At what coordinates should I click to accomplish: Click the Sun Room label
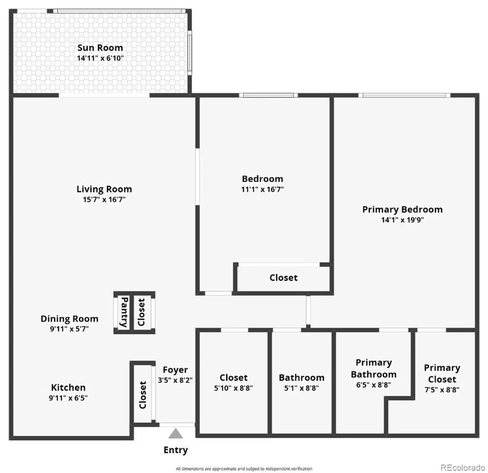(x=100, y=48)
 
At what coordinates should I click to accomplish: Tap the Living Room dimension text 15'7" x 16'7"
(x=104, y=200)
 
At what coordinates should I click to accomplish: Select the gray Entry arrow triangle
(x=176, y=434)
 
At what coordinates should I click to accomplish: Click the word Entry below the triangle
(x=176, y=450)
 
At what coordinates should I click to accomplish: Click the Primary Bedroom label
(x=402, y=210)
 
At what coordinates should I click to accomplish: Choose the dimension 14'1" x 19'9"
(x=402, y=220)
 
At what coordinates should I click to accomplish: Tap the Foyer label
(x=175, y=370)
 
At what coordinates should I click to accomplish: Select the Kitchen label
(x=68, y=388)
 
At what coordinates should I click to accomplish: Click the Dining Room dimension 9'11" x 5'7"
(x=69, y=329)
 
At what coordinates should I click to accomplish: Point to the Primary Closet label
(x=442, y=373)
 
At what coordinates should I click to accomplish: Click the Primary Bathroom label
(x=374, y=368)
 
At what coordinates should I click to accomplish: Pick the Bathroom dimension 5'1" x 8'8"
(x=301, y=388)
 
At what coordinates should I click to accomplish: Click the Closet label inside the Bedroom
(x=283, y=278)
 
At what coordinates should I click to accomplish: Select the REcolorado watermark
(x=462, y=467)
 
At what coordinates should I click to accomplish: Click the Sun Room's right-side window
(x=190, y=52)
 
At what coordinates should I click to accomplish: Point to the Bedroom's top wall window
(x=268, y=95)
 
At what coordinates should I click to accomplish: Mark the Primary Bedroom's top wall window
(x=404, y=95)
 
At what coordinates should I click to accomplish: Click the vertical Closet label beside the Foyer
(x=143, y=395)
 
